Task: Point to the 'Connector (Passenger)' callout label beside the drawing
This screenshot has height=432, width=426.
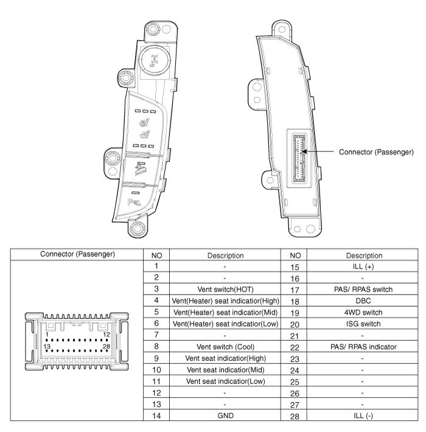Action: click(377, 151)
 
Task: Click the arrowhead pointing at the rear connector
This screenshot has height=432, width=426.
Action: click(306, 151)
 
